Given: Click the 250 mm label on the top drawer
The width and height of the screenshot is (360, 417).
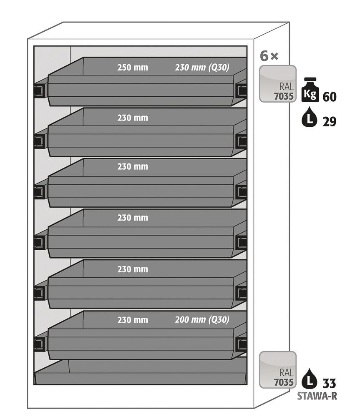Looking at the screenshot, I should click(132, 68).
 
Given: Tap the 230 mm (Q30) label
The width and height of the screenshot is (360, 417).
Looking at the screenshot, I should click(202, 68).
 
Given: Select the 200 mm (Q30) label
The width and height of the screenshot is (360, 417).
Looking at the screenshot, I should click(202, 320).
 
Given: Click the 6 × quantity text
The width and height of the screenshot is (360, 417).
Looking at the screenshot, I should click(269, 56).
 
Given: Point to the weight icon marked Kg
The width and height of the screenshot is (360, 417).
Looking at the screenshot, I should click(310, 90).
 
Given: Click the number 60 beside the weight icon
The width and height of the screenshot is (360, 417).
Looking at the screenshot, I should click(329, 97).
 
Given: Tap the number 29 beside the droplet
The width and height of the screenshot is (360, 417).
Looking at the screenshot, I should click(329, 121).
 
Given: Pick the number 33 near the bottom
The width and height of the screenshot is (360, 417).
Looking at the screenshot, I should click(329, 382).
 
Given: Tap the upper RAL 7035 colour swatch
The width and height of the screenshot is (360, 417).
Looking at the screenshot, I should click(278, 84).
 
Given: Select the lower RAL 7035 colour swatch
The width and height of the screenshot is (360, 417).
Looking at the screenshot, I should click(278, 370).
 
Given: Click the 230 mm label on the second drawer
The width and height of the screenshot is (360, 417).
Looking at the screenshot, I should click(132, 118).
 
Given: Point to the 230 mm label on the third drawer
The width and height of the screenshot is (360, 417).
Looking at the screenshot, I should click(132, 167).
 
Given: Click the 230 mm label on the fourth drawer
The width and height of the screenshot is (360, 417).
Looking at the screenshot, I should click(132, 218).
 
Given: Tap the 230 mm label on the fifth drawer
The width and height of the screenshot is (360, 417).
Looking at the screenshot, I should click(132, 269).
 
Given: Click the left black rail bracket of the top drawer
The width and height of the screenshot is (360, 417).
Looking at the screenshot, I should click(39, 90).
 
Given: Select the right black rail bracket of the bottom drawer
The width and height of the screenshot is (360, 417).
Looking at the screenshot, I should click(241, 344).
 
